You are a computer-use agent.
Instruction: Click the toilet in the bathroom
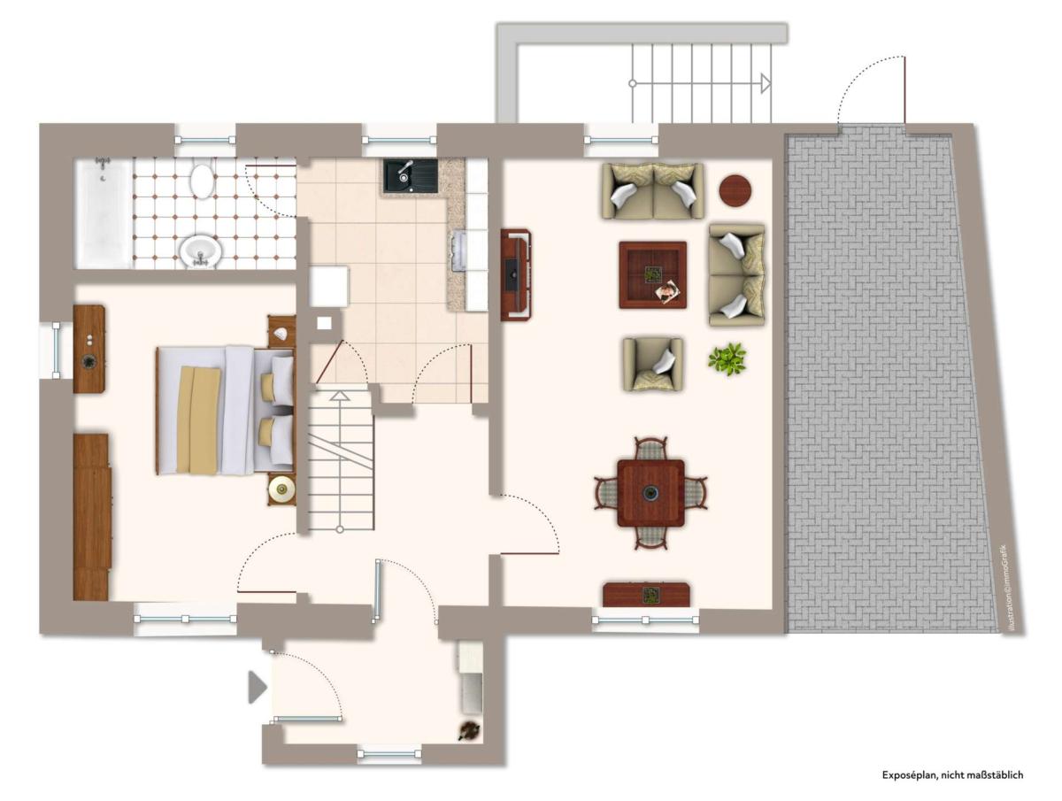pos(203,181)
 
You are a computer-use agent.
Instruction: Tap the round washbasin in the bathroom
pos(200,250)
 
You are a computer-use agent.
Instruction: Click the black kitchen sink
pos(411,176)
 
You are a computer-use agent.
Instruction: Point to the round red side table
pos(735,190)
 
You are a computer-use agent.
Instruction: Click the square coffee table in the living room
pos(652,274)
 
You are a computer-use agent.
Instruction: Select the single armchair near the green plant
pos(652,364)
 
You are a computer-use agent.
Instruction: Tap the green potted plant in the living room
pos(727,358)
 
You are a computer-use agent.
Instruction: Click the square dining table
pos(650,493)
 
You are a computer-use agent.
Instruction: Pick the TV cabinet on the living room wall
pos(515,274)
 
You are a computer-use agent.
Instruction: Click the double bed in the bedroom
pos(225,410)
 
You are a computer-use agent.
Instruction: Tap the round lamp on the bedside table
pos(282,489)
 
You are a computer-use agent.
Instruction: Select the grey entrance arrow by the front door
pos(258,686)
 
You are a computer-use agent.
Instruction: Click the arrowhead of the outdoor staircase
pos(766,83)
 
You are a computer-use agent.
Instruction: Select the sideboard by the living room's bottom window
pos(646,595)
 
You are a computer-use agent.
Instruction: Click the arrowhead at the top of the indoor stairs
pos(339,397)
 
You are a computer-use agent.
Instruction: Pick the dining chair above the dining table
pos(650,449)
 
